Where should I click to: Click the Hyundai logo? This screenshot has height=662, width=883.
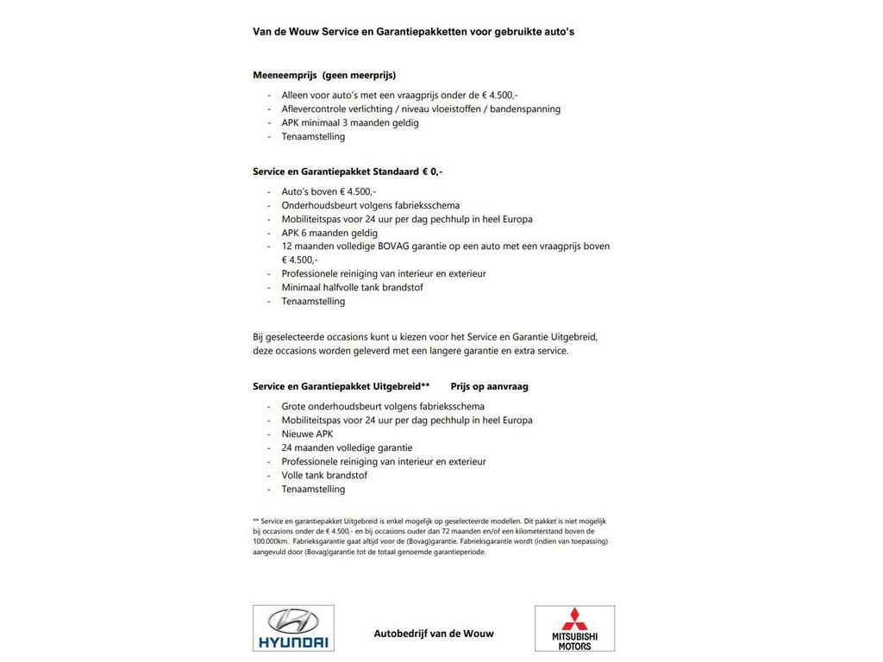(293, 628)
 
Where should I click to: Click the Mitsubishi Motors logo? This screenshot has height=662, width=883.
(574, 628)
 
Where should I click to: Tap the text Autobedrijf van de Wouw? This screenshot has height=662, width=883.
(434, 634)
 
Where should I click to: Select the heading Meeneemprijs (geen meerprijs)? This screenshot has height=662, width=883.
(324, 75)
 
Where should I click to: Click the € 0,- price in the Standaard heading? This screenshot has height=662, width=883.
(432, 172)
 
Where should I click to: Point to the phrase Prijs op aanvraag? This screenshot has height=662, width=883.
(489, 386)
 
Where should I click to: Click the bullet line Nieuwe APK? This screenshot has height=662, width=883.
(307, 434)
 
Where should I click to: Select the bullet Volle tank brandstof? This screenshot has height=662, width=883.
(324, 475)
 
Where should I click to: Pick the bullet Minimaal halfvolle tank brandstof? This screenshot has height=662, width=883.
(352, 287)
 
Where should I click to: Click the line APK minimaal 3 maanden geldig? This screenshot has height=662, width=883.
(350, 122)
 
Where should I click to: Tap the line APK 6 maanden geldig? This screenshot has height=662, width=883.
(329, 233)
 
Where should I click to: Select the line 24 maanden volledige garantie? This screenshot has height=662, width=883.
(347, 447)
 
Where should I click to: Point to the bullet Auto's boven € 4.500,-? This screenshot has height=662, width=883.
(329, 191)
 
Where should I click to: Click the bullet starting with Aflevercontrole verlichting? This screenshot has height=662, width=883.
(421, 109)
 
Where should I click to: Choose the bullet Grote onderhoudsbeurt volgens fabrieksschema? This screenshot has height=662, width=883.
(383, 406)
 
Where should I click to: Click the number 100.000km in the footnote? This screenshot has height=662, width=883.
(271, 541)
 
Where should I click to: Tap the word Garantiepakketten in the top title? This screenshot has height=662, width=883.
(422, 32)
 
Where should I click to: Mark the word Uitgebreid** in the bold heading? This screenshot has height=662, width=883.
(401, 386)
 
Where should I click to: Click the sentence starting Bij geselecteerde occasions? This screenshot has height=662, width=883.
(425, 337)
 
